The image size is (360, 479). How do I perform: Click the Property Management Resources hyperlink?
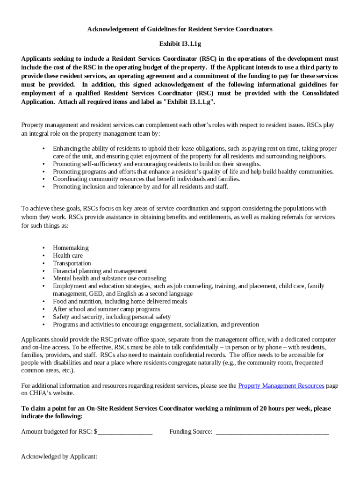(281, 385)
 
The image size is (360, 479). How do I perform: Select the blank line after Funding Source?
(272, 432)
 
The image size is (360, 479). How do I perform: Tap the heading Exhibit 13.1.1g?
(180, 44)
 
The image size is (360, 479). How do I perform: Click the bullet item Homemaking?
(71, 248)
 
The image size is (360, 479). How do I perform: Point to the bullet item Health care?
(68, 255)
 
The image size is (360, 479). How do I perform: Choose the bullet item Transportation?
(72, 263)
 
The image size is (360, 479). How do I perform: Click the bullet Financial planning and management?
(100, 271)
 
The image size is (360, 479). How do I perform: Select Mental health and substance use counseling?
(109, 278)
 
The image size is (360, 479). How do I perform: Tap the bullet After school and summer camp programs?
(106, 309)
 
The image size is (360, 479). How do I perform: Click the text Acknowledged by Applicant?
(59, 457)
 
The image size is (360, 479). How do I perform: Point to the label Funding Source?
(191, 432)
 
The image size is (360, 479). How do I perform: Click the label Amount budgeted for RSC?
(57, 432)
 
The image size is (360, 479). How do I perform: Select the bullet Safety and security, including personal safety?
(112, 317)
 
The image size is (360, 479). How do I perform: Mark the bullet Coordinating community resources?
(146, 179)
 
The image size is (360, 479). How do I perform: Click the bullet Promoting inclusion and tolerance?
(140, 187)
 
